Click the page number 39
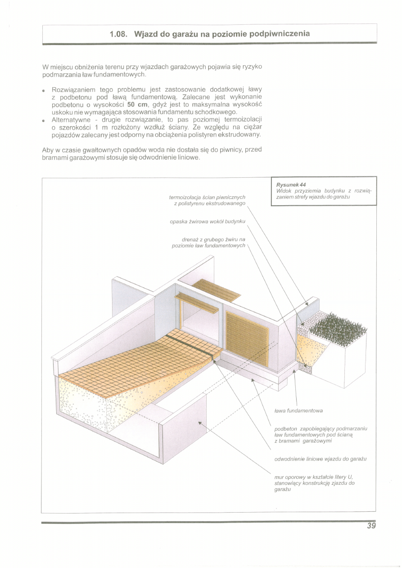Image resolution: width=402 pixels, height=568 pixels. pyautogui.click(x=370, y=525)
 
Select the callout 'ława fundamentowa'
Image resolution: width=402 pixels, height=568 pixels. pyautogui.click(x=298, y=410)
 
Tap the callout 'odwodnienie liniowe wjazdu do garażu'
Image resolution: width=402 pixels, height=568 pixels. pyautogui.click(x=320, y=459)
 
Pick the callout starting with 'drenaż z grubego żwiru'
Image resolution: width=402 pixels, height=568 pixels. pyautogui.click(x=209, y=243)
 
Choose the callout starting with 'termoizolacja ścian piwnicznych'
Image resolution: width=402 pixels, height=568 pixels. pyautogui.click(x=207, y=200)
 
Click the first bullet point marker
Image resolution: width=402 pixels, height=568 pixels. pyautogui.click(x=45, y=90)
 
